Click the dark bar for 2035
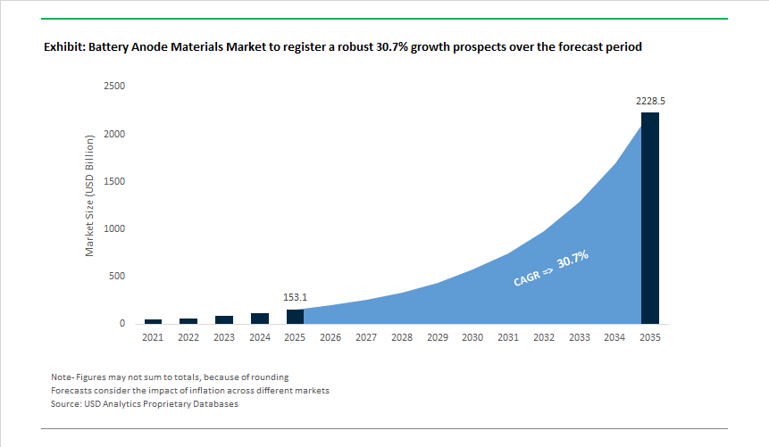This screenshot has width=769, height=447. pos(650,219)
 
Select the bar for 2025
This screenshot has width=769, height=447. pos(295,316)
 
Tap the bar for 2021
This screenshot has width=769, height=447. pos(153,320)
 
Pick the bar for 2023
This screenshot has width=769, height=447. pos(224,319)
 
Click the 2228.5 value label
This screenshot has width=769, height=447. pos(650,102)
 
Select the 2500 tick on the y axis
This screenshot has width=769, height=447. pos(113,87)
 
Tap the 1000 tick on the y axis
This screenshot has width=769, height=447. pos(113,229)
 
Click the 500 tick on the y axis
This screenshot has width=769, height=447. pos(116,277)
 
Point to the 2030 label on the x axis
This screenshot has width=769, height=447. pos(472,337)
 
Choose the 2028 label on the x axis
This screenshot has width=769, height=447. pos(401,337)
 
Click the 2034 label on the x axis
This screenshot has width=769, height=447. pos(614,337)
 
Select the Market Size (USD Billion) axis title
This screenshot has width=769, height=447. pos(89,196)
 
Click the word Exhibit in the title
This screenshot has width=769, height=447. pos(64,46)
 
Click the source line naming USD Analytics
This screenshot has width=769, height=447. pos(146,404)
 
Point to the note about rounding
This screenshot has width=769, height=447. pos(171,377)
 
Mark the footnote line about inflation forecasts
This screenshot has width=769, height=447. pos(190,391)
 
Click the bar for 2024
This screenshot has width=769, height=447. pos(259,318)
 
